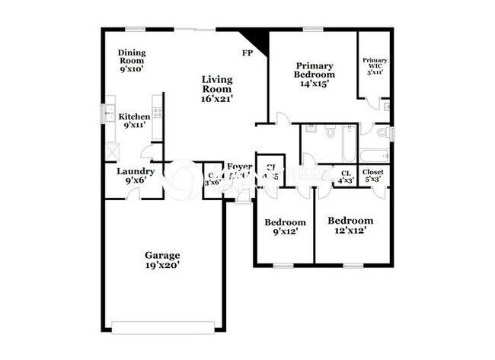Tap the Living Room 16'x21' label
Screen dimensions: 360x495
[x=217, y=88]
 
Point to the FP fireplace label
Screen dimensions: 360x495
[x=247, y=53]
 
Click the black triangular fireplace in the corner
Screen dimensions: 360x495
[x=258, y=41]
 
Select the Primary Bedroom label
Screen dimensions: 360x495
[x=315, y=75]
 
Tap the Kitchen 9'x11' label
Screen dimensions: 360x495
[x=134, y=121]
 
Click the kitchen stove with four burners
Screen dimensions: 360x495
[x=158, y=112]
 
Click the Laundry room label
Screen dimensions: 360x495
[x=136, y=176]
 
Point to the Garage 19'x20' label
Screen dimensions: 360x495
[x=163, y=260]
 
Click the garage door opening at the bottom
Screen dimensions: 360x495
[x=164, y=327]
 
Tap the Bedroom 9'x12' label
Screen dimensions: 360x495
[x=285, y=227]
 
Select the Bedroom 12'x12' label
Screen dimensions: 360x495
[x=350, y=225]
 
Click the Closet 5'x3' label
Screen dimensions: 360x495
[x=373, y=176]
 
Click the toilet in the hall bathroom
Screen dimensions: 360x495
[x=331, y=132]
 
